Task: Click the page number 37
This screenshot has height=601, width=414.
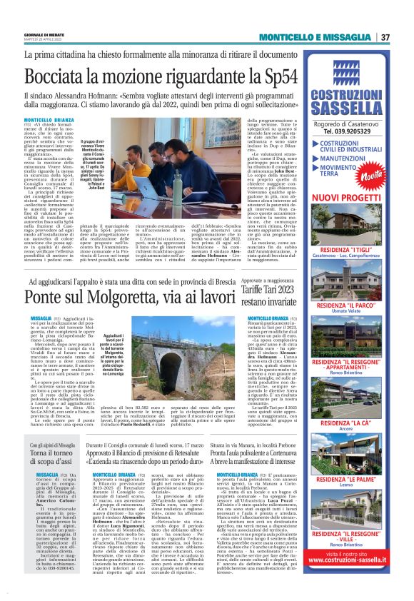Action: coord(385,37)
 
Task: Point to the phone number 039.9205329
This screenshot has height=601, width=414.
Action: coord(349,131)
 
